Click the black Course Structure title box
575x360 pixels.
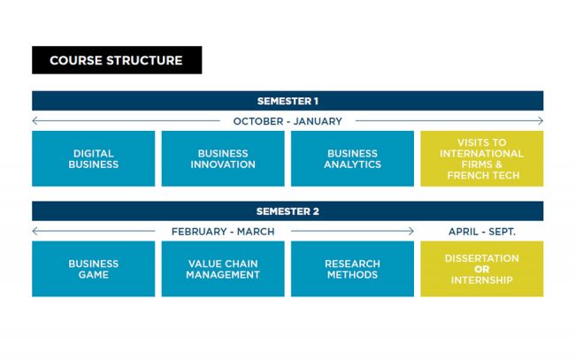[116, 60]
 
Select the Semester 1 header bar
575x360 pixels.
[287, 101]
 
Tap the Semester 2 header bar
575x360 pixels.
[287, 211]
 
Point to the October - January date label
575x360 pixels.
[287, 121]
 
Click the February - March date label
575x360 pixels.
[223, 232]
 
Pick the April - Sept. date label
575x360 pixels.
[482, 232]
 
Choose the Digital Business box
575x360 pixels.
[93, 159]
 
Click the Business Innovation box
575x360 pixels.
[223, 159]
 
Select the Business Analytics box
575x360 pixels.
[352, 159]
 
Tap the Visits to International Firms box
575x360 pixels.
[482, 159]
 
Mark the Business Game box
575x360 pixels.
[93, 269]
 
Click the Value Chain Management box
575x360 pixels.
[223, 269]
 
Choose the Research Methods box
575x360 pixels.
[352, 269]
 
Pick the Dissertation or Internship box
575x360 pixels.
[482, 269]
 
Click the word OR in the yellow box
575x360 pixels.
[482, 270]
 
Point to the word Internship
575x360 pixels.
[482, 280]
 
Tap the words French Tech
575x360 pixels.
[482, 176]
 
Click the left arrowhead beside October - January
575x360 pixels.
[34, 121]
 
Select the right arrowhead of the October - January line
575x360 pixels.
[540, 121]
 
